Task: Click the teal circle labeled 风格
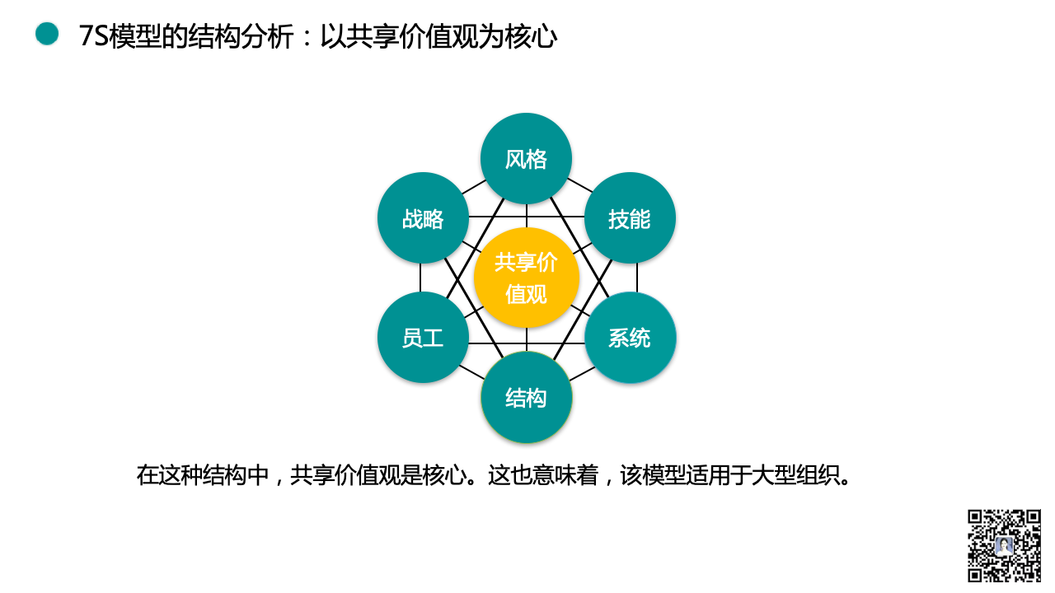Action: click(x=526, y=159)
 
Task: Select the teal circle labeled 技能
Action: click(x=630, y=218)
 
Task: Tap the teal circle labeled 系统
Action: click(x=631, y=338)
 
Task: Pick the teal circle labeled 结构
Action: click(x=526, y=398)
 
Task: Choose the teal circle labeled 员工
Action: click(x=423, y=338)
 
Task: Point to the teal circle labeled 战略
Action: click(x=423, y=218)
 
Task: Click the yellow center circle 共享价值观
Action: click(x=526, y=278)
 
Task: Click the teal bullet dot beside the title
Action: click(x=47, y=34)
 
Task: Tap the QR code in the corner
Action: click(x=1004, y=545)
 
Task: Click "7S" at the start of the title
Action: click(x=94, y=35)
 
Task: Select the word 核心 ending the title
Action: click(x=531, y=35)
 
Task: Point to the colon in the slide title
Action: click(x=307, y=38)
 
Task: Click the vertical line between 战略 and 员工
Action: click(x=420, y=278)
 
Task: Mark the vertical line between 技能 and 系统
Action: click(x=637, y=278)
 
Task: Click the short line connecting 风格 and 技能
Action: click(x=579, y=185)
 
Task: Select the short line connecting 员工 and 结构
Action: click(x=472, y=371)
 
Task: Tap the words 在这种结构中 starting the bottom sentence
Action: click(x=203, y=475)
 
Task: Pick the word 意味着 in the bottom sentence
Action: click(x=565, y=475)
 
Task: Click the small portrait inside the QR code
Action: click(x=1004, y=546)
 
